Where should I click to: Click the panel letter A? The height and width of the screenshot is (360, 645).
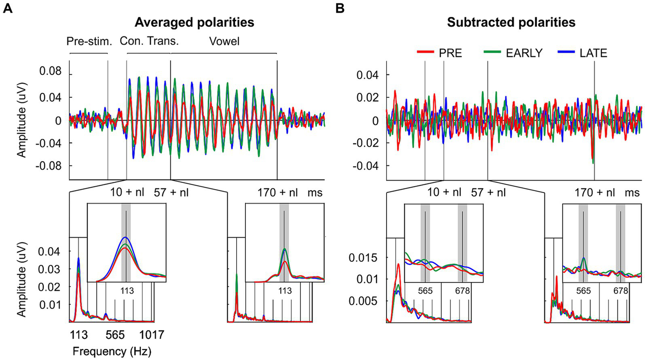[x=8, y=8]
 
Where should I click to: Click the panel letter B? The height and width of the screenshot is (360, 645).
[x=340, y=8]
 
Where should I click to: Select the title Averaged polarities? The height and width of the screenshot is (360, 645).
[x=195, y=22]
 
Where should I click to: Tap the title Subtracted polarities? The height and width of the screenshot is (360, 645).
[x=511, y=22]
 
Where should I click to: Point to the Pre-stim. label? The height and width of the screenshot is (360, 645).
[x=89, y=41]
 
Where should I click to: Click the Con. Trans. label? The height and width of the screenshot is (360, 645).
[x=149, y=41]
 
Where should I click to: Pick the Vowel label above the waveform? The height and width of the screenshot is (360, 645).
[x=224, y=41]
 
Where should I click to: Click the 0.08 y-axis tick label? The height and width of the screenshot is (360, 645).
[x=50, y=72]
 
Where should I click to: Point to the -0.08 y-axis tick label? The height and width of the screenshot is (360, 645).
[x=48, y=166]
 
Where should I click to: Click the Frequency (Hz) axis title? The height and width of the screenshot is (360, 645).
[x=112, y=351]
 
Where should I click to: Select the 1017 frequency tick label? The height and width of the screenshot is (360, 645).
[x=152, y=335]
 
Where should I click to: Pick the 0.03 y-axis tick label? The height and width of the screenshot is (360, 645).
[x=50, y=269]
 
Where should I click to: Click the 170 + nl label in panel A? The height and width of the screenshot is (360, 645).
[x=278, y=193]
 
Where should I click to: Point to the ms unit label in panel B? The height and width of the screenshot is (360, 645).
[x=632, y=193]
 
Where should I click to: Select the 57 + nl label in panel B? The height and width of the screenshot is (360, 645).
[x=488, y=193]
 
